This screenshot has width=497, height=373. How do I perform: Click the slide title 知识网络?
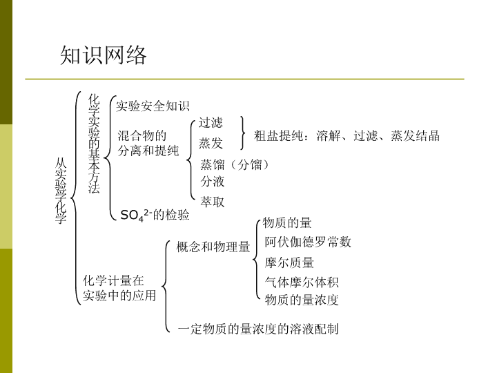[104, 55]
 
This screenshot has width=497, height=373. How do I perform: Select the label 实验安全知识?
[153, 106]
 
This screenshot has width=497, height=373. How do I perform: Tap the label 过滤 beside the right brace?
[211, 123]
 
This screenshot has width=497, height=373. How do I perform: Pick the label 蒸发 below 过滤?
[211, 143]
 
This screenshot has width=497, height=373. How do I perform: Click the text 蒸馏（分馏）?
[235, 164]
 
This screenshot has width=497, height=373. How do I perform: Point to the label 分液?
[213, 182]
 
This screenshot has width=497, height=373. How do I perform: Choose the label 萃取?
[213, 202]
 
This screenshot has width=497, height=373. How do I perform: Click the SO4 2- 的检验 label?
[155, 215]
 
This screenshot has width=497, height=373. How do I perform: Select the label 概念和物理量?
[213, 247]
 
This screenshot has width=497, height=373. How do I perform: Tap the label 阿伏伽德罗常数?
[308, 242]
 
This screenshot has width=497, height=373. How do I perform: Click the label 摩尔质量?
[289, 262]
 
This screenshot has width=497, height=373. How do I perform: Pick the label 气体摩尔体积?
[302, 283]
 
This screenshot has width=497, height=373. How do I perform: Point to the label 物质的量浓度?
[302, 300]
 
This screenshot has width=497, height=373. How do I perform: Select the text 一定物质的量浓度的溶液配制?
[258, 329]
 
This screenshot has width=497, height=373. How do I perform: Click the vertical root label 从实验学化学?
[61, 191]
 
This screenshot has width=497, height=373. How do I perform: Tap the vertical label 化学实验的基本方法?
[94, 144]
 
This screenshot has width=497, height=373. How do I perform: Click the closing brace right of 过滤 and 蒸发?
[243, 133]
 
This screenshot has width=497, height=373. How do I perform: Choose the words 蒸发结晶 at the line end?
[416, 136]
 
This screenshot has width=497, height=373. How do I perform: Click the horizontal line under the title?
[244, 79]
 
